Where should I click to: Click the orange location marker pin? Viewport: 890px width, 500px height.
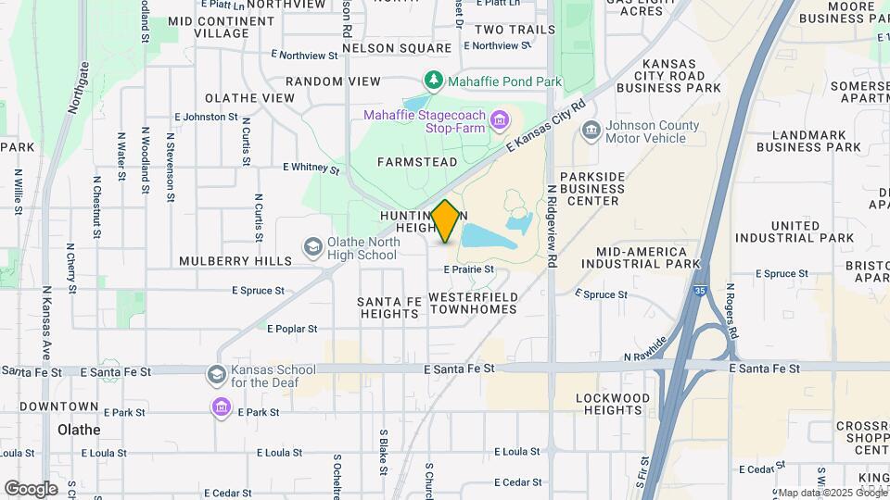point(446,220)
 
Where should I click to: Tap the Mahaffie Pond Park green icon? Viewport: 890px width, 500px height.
point(432,81)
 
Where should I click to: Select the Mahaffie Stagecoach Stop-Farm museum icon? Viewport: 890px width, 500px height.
point(500,119)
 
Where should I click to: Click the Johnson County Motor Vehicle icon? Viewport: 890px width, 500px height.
point(590,131)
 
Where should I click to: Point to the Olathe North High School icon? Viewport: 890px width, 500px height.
point(313,247)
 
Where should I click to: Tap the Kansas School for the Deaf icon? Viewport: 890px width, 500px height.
point(217,375)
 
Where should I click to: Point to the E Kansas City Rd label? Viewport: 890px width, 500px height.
point(544,127)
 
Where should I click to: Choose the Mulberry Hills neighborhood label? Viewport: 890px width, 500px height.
point(235,261)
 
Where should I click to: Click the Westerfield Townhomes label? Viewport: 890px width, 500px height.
point(473,303)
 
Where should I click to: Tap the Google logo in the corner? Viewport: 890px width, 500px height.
point(31,488)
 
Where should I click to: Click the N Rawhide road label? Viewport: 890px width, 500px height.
point(645,350)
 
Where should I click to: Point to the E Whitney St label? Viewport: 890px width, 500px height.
point(311,169)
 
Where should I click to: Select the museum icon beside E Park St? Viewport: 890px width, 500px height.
point(221,407)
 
